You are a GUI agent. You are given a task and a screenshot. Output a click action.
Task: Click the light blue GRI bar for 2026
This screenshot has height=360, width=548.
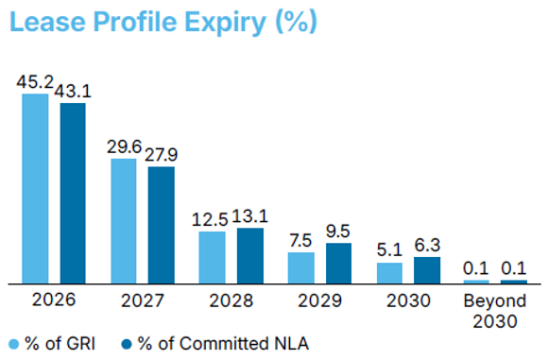click(x=35, y=188)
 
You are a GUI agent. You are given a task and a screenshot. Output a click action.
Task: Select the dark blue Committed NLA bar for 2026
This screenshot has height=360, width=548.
click(x=73, y=193)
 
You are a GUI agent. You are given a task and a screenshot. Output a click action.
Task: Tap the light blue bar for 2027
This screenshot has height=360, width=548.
click(x=124, y=221)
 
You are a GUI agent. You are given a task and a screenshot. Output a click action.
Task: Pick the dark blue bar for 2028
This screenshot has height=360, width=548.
click(x=250, y=255)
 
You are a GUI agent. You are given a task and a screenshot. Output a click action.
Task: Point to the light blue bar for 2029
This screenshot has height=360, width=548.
click(x=301, y=267)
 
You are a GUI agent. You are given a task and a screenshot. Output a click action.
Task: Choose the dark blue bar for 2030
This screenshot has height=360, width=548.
click(x=427, y=270)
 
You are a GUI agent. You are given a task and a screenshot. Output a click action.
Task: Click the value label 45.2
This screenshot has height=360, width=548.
click(x=35, y=82)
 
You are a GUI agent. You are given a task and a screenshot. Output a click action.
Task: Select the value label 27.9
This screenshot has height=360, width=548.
click(x=162, y=154)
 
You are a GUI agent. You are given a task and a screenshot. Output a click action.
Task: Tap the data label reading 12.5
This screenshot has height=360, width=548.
click(x=210, y=219)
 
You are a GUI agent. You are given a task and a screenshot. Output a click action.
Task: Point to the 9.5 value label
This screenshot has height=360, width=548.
click(x=338, y=231)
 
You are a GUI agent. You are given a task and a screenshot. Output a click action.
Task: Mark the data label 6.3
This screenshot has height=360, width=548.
click(x=427, y=245)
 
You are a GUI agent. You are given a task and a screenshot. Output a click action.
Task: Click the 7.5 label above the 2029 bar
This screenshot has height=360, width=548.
click(x=300, y=241)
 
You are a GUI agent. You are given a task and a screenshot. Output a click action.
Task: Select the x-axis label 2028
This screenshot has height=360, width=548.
click(x=231, y=300)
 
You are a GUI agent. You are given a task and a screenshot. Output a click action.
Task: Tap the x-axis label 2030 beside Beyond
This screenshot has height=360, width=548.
click(x=408, y=300)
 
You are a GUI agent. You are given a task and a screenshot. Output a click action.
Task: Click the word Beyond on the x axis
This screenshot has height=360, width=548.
click(x=495, y=300)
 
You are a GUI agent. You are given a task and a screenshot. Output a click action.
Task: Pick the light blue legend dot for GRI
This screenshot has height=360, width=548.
click(x=14, y=344)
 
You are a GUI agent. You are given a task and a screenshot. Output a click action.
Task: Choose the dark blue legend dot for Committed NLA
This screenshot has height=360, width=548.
click(x=127, y=344)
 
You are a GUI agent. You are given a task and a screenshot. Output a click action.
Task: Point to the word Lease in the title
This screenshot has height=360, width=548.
click(x=47, y=22)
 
